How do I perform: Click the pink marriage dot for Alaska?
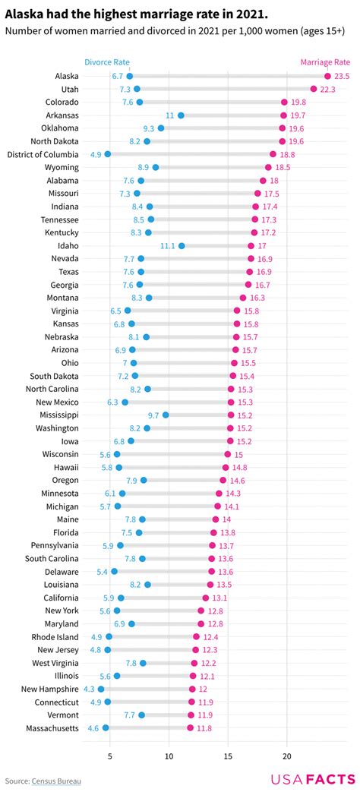[327, 76]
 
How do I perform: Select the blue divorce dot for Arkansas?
[181, 115]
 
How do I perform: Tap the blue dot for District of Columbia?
[108, 154]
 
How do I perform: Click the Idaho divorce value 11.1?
[168, 246]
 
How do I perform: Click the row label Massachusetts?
[51, 728]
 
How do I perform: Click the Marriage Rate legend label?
[325, 62]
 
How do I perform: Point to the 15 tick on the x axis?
[228, 756]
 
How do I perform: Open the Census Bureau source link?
[56, 781]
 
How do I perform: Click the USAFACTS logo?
[312, 780]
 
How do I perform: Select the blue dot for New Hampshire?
[101, 689]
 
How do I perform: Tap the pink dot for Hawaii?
[226, 468]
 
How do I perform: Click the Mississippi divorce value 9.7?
[153, 415]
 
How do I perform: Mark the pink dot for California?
[205, 598]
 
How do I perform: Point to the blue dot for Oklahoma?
[161, 128]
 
